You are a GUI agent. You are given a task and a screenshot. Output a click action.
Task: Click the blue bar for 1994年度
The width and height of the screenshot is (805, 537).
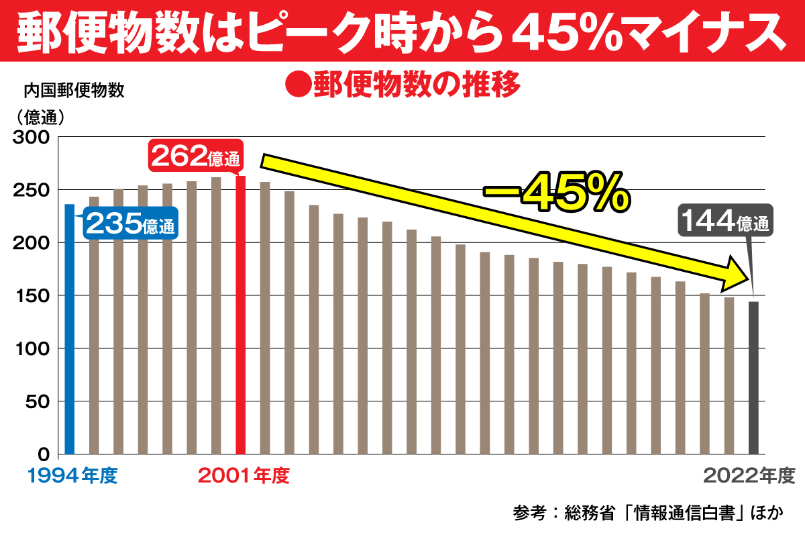[x=69, y=329]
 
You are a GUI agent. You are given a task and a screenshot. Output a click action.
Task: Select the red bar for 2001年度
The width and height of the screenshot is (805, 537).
[x=240, y=315]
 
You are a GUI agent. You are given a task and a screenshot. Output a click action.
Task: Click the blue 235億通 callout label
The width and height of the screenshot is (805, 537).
[x=131, y=225]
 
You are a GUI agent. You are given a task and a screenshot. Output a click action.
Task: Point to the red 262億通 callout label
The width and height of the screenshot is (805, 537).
[x=195, y=157]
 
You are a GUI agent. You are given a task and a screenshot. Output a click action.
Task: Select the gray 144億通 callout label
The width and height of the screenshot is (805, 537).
[x=724, y=221]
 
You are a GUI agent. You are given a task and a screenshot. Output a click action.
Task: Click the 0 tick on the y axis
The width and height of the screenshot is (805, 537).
[x=46, y=454]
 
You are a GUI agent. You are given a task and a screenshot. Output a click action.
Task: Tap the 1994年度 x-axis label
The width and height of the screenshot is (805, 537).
[x=72, y=477]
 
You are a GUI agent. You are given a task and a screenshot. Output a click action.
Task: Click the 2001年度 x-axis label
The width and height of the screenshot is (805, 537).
[x=244, y=477]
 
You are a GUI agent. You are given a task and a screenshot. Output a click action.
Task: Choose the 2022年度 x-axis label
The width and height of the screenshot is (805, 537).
[x=749, y=477]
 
